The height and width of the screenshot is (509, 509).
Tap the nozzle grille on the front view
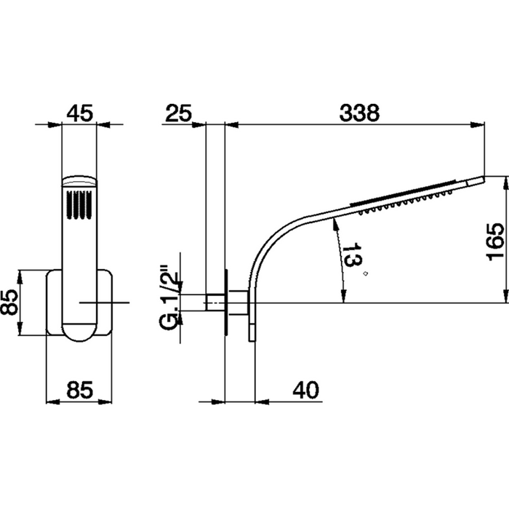click(79, 204)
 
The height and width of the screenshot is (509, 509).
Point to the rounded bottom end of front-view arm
click(79, 332)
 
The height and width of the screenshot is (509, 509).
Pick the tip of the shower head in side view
click(482, 177)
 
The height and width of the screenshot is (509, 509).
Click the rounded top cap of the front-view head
click(79, 179)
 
